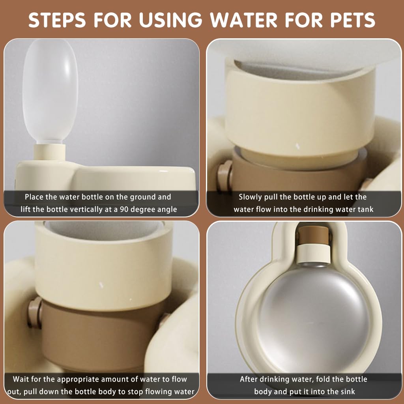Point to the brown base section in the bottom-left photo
coord(95,339)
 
